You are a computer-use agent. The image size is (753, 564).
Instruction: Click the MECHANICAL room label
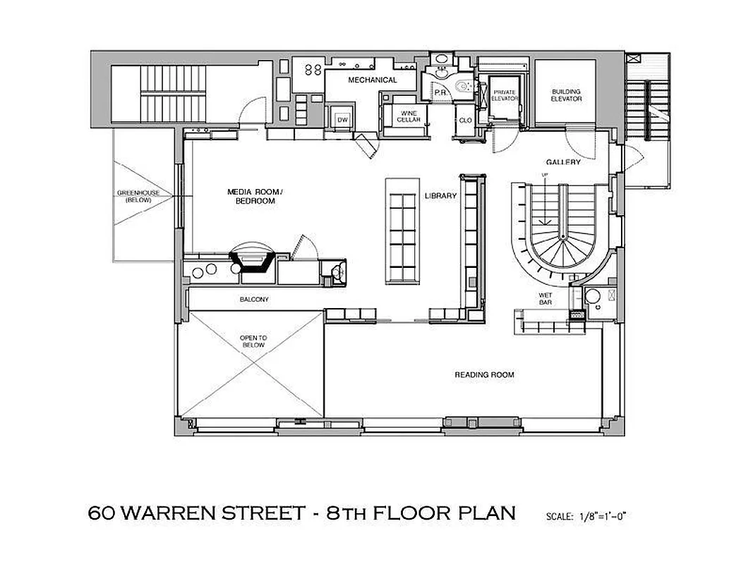tap(372, 80)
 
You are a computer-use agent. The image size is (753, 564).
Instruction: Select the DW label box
tap(342, 120)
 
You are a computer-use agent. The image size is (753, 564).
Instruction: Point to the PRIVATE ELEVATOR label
tap(504, 95)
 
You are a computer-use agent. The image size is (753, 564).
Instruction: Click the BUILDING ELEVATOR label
tap(566, 95)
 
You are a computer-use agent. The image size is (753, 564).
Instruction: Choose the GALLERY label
tap(563, 162)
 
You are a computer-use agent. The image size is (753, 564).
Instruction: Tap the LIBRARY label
tap(442, 195)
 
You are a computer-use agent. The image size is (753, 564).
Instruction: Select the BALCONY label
tap(254, 300)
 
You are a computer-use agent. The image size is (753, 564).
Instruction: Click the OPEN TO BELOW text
tap(252, 341)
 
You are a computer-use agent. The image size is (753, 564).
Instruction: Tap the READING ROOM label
tap(484, 374)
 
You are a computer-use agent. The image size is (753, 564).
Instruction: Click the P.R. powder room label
tap(438, 92)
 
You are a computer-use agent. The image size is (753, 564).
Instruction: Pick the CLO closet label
tap(465, 121)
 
